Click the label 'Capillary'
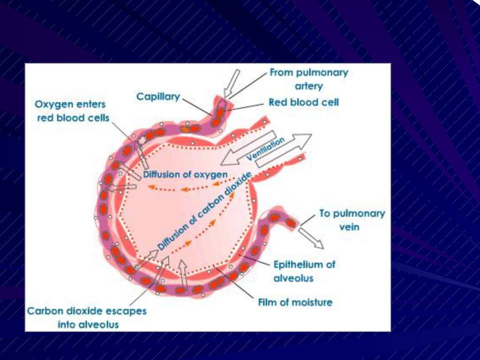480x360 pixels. click(158, 97)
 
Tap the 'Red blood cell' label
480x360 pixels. click(303, 102)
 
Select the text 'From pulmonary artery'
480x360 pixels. click(309, 79)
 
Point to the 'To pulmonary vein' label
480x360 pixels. click(352, 220)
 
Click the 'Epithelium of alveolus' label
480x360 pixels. click(304, 271)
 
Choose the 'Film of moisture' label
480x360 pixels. click(295, 302)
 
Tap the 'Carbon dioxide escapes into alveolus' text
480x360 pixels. click(87, 317)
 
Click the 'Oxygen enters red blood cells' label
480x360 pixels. click(72, 111)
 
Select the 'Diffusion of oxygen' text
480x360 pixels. click(185, 175)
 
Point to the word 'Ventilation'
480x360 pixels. click(265, 149)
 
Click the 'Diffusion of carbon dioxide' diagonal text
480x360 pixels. click(205, 211)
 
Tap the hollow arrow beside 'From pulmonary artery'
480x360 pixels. click(231, 83)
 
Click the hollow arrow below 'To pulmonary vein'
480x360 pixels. click(311, 238)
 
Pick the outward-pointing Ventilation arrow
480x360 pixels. click(284, 150)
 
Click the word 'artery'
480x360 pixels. click(309, 86)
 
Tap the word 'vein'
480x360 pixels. click(349, 227)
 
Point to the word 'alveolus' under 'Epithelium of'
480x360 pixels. click(293, 278)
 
